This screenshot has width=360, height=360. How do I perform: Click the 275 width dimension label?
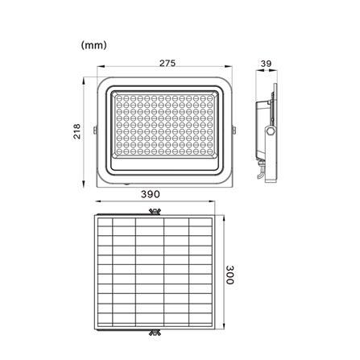click(x=168, y=63)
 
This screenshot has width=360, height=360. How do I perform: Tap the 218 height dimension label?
click(x=77, y=131)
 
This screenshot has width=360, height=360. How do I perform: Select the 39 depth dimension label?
click(x=266, y=64)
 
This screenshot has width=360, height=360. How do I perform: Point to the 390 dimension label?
click(x=151, y=194)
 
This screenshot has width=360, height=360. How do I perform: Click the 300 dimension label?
click(x=230, y=275)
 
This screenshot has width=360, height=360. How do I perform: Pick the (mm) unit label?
click(x=94, y=45)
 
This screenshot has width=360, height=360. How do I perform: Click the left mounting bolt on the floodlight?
click(x=95, y=130)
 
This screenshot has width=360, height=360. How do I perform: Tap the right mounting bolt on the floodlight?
click(x=234, y=130)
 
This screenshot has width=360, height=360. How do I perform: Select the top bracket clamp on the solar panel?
click(x=155, y=212)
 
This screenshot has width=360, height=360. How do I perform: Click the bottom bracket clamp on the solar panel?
click(x=155, y=333)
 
